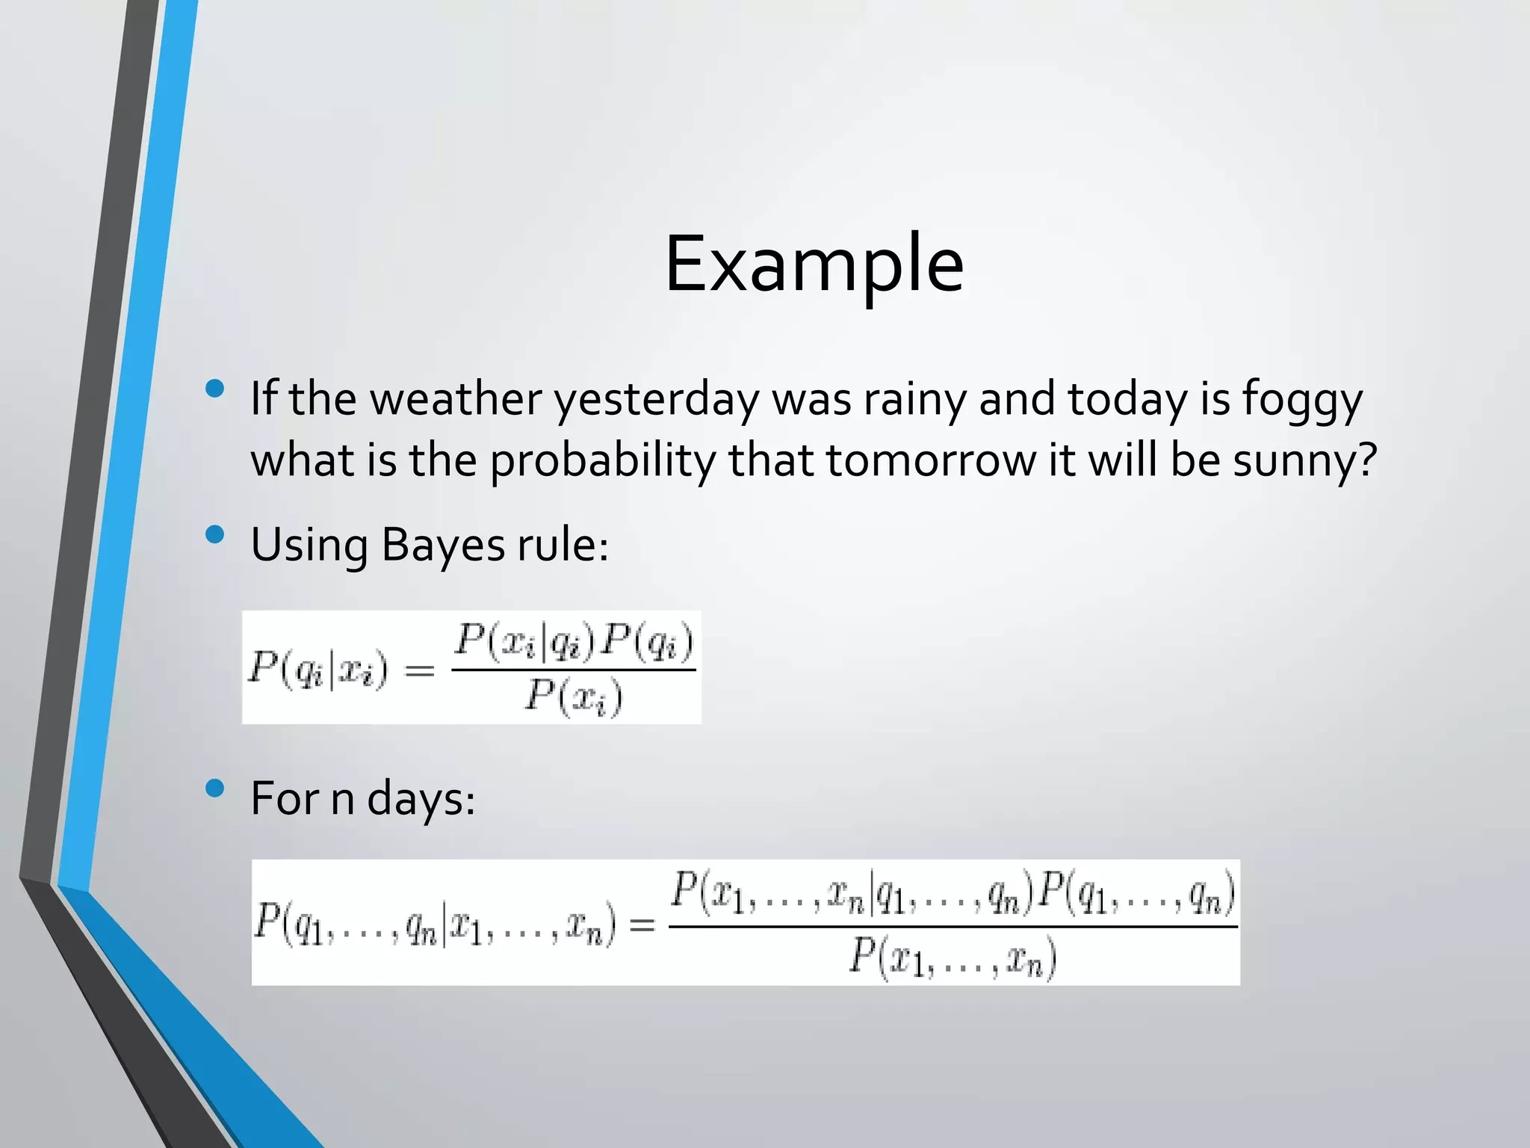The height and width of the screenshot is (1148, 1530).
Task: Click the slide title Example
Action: click(x=814, y=264)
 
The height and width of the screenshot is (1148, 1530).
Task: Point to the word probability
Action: click(x=602, y=461)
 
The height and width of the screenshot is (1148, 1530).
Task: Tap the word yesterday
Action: click(x=655, y=400)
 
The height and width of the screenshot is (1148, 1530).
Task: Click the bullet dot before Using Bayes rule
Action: click(x=215, y=534)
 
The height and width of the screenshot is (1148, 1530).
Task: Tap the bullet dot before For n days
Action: click(x=215, y=788)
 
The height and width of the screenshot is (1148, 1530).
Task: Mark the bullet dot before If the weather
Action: click(x=215, y=388)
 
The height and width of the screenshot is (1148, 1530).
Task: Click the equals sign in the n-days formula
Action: click(x=642, y=926)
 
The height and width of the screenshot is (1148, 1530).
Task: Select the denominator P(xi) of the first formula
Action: click(x=573, y=698)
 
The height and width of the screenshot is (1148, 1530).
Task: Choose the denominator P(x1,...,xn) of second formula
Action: click(x=953, y=958)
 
